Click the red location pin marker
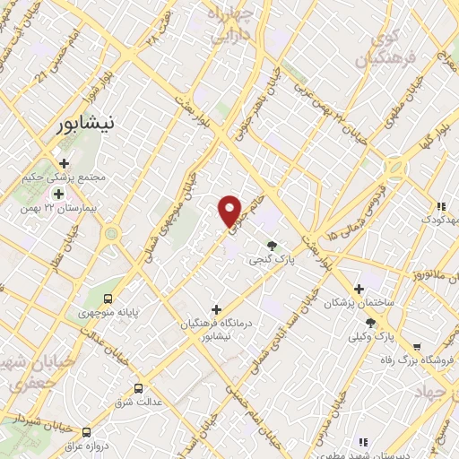pyautogui.click(x=230, y=210)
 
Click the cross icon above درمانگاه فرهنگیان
pyautogui.click(x=216, y=309)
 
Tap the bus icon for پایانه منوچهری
pyautogui.click(x=108, y=299)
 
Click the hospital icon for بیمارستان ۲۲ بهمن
pyautogui.click(x=59, y=193)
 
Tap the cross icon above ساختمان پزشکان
pyautogui.click(x=359, y=289)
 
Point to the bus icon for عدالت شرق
pyautogui.click(x=138, y=388)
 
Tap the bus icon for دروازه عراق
pyautogui.click(x=87, y=430)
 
